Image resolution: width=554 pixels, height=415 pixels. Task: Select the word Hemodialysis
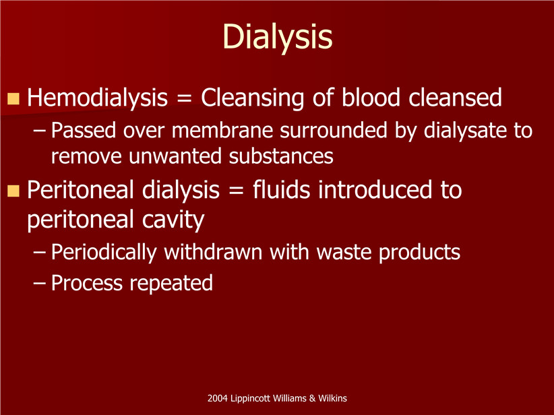point(98,98)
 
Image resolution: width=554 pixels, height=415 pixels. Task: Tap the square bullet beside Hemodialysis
point(13,98)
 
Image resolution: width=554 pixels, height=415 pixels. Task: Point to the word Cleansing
point(252,98)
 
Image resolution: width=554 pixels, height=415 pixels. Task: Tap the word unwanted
point(175,156)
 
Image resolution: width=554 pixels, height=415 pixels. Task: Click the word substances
point(281,156)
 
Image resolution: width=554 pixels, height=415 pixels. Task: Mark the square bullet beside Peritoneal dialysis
point(13,191)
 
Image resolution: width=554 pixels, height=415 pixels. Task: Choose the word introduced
point(375,190)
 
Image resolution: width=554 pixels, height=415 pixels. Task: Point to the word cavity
point(173,220)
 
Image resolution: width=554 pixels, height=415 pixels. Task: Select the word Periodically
point(104,253)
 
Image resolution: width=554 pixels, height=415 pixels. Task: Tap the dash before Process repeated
point(40,283)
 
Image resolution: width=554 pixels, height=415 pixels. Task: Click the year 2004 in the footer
point(217,398)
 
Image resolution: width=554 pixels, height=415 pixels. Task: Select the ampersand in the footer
point(312,398)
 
